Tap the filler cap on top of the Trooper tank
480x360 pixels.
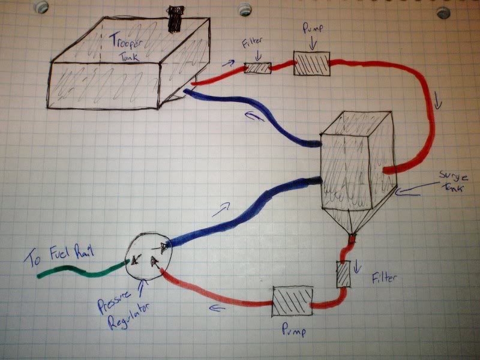pyautogui.click(x=175, y=19)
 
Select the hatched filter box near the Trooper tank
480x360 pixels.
pyautogui.click(x=258, y=68)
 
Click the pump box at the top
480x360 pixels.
pyautogui.click(x=312, y=63)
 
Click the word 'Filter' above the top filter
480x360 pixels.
pyautogui.click(x=251, y=44)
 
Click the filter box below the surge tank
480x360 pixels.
pyautogui.click(x=344, y=275)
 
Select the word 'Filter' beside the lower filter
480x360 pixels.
pyautogui.click(x=384, y=279)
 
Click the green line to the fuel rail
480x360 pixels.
pyautogui.click(x=78, y=271)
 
